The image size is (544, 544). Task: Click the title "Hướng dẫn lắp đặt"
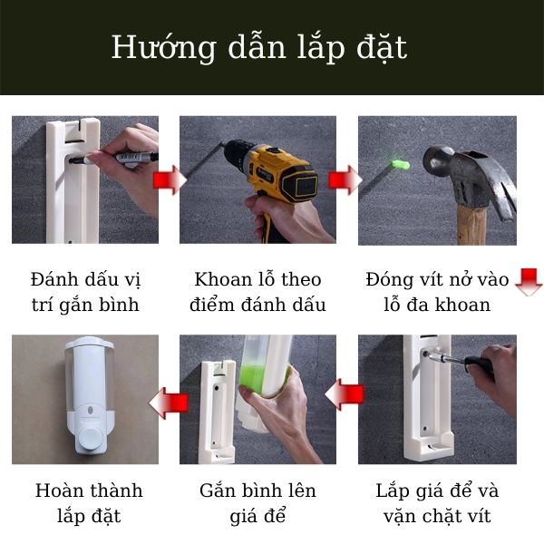[258, 47]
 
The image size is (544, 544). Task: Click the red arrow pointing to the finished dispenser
[169, 401]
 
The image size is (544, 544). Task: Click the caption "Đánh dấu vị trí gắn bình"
[85, 291]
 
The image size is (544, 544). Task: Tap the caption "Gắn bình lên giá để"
[257, 503]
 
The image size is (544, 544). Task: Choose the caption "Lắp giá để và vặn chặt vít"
[437, 503]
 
